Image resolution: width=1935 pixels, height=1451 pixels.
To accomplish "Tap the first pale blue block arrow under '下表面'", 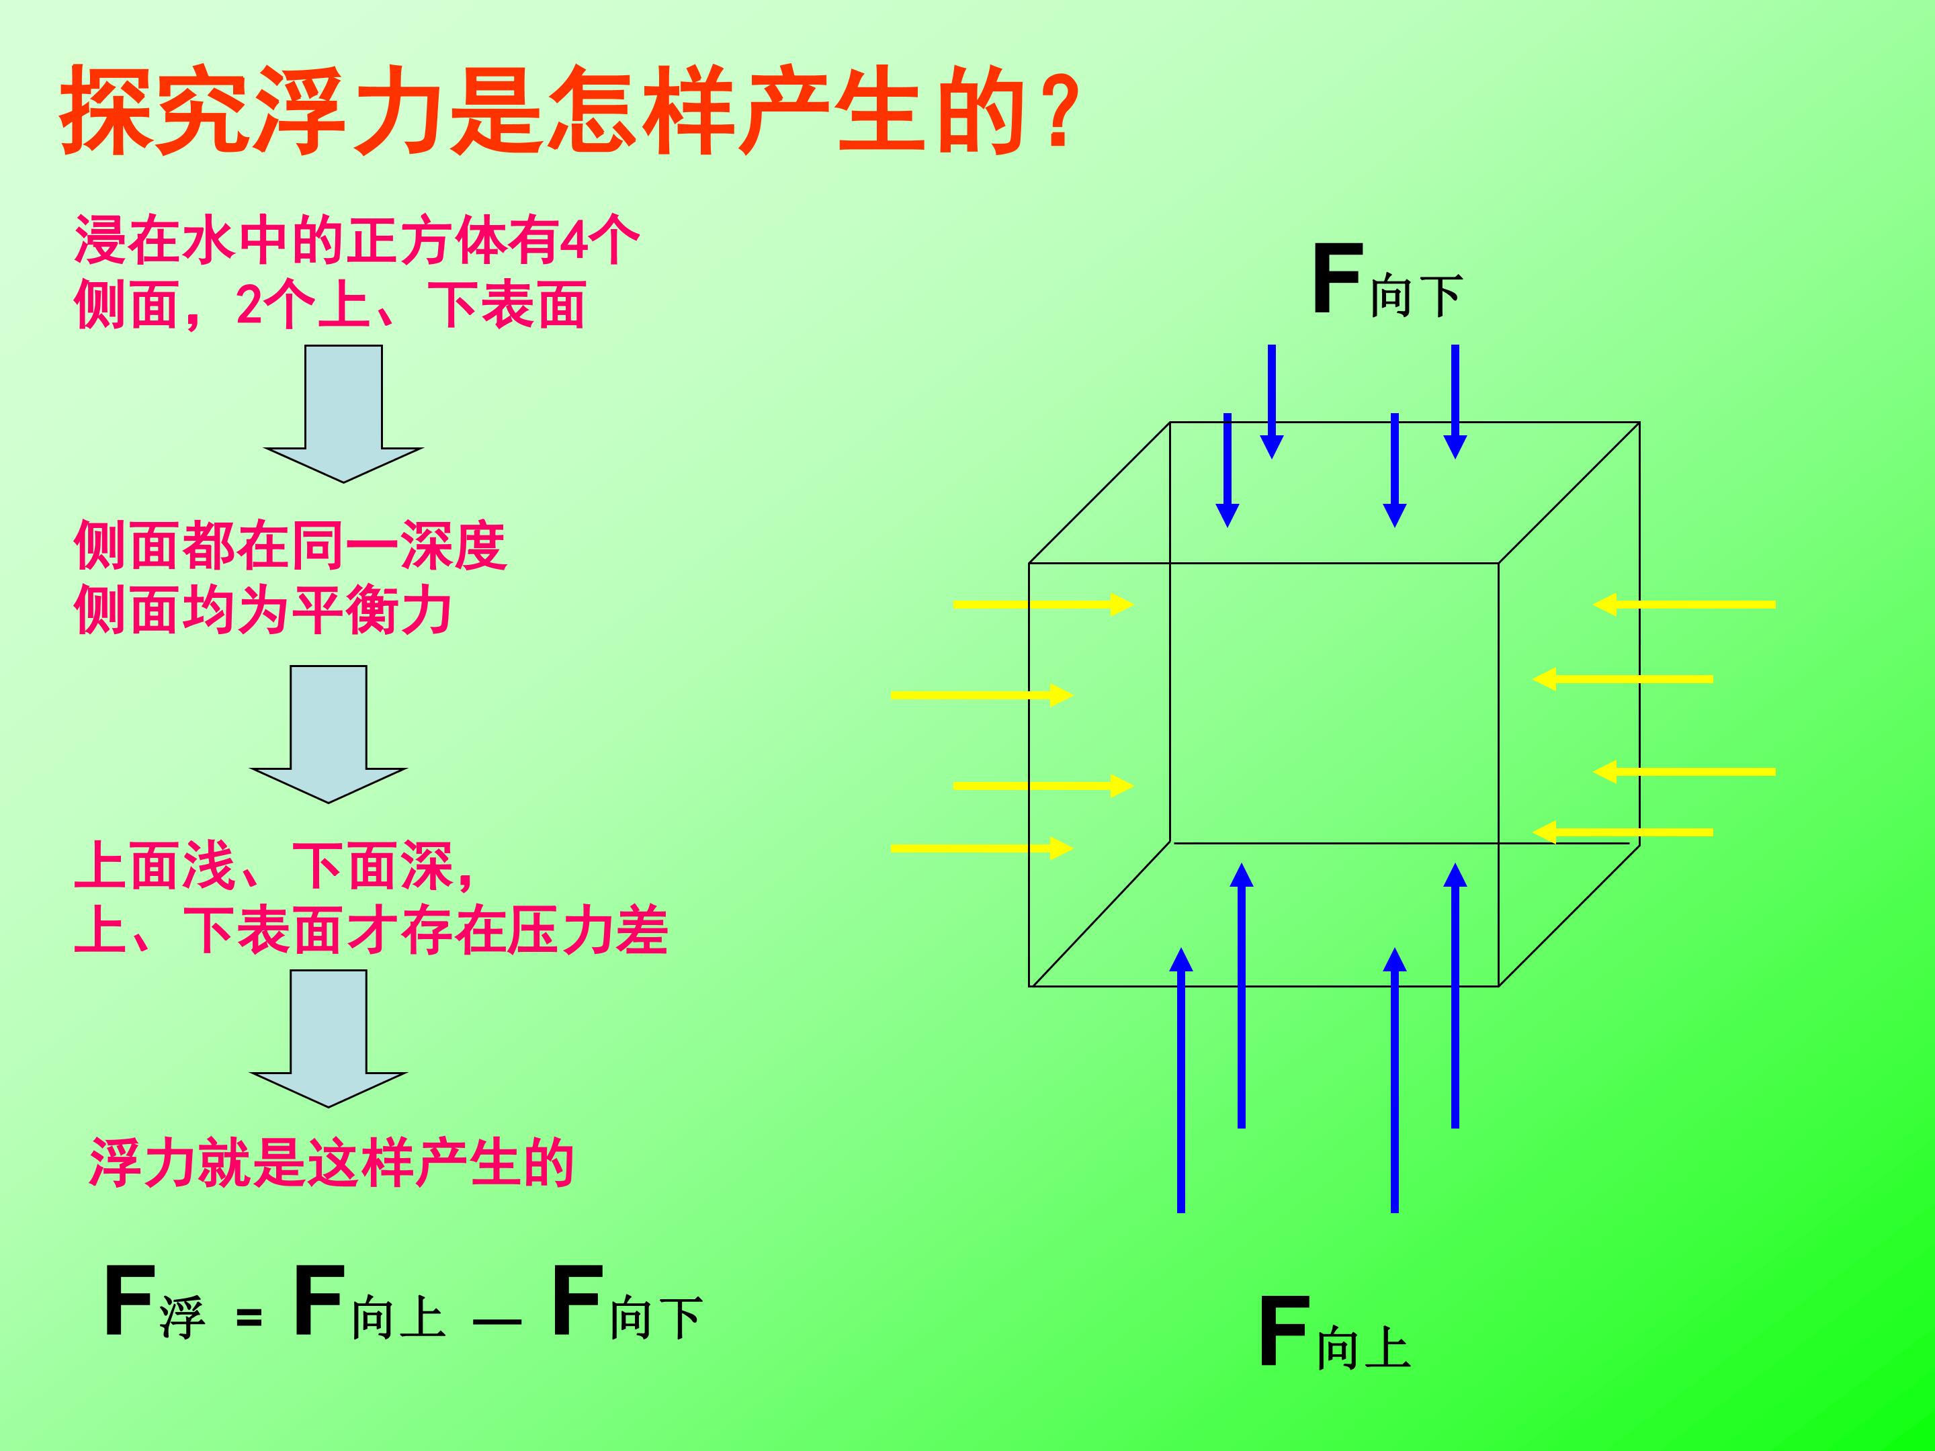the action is click(344, 414).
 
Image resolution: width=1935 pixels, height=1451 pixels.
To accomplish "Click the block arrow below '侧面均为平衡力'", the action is click(328, 735).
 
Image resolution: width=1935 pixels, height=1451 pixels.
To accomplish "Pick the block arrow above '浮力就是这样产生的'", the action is click(328, 1039).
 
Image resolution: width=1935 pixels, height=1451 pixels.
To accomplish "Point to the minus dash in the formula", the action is click(497, 1321).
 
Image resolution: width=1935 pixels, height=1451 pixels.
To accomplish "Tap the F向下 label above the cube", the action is click(1387, 281).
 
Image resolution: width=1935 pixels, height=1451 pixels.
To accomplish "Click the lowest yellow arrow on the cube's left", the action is click(982, 848).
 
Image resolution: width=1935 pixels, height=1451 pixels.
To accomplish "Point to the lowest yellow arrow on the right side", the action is click(1623, 832).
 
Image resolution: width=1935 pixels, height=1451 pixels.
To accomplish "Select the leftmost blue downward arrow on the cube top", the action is click(1228, 470).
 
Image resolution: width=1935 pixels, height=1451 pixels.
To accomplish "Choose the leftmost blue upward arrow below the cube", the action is click(1181, 1080).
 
